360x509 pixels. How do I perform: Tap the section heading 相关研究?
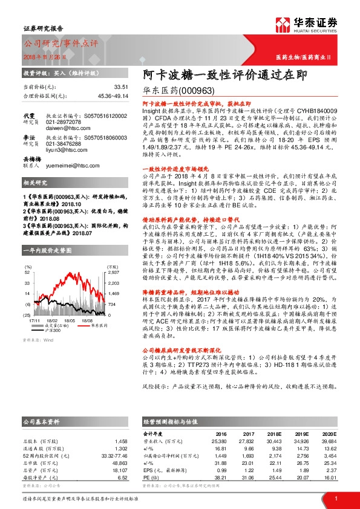tap(34, 199)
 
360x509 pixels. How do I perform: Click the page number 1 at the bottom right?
tap(335, 498)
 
